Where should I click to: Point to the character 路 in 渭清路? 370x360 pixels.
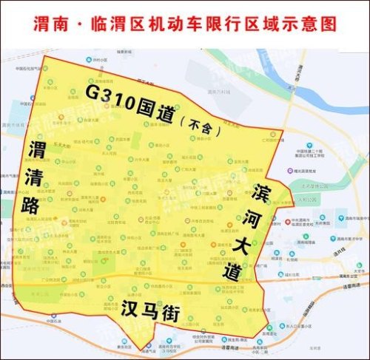(31, 205)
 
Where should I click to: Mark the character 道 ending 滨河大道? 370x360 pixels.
(231, 271)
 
